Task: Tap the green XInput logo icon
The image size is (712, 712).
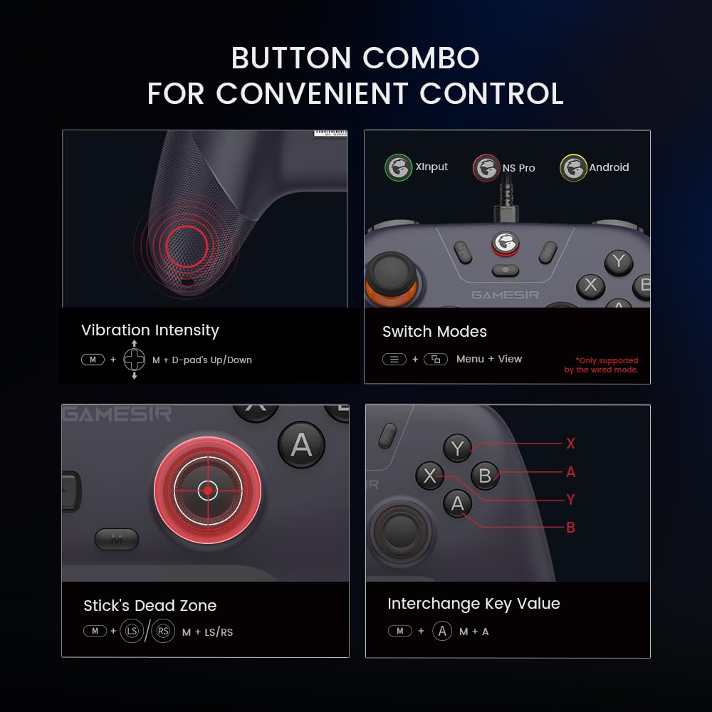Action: [x=398, y=167]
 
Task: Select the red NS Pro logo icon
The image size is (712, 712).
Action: [x=486, y=168]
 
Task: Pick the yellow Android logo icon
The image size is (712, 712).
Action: [x=573, y=168]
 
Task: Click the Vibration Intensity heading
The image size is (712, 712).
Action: [x=150, y=330]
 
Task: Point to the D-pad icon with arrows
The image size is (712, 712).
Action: [x=135, y=360]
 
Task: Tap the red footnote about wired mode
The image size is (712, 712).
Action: [x=602, y=365]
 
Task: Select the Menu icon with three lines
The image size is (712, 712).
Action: [x=394, y=359]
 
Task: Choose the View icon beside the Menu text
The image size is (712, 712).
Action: [x=435, y=359]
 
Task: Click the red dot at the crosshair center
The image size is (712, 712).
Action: [x=207, y=490]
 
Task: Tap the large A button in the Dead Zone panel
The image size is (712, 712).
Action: [x=301, y=445]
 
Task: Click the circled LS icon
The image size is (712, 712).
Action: [x=131, y=632]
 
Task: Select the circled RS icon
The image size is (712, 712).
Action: [x=163, y=632]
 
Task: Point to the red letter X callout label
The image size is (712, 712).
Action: [x=570, y=444]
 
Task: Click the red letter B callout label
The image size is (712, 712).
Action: [x=570, y=528]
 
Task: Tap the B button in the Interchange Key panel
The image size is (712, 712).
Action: [x=486, y=475]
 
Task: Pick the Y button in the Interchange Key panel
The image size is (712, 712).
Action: [x=457, y=449]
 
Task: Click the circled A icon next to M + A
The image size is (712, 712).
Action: [x=442, y=632]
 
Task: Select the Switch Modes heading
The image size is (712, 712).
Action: [x=434, y=332]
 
